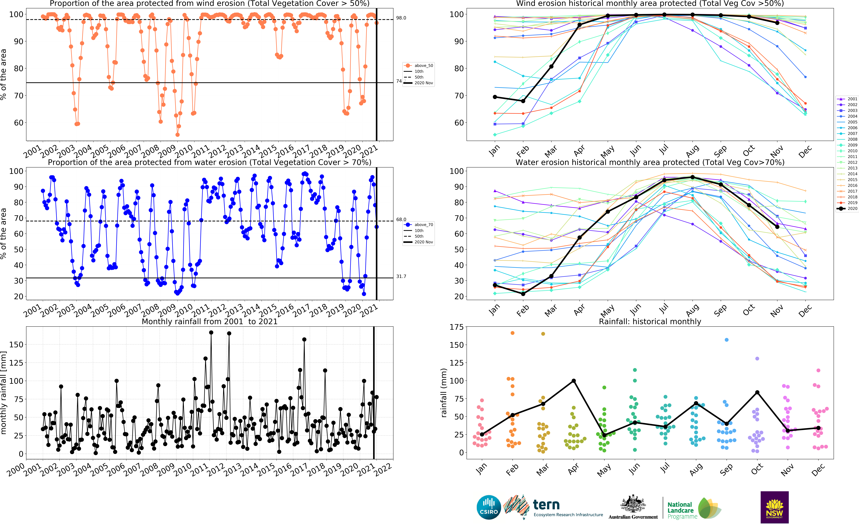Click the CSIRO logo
pos(489,507)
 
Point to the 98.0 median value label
pos(401,18)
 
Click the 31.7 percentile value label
pos(401,277)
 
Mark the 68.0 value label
pos(401,219)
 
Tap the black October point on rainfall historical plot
pos(757,393)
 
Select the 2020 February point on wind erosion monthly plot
pos(523,101)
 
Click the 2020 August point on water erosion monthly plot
pos(692,177)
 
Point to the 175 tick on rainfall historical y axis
pos(456,327)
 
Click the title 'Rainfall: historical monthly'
pos(650,321)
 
